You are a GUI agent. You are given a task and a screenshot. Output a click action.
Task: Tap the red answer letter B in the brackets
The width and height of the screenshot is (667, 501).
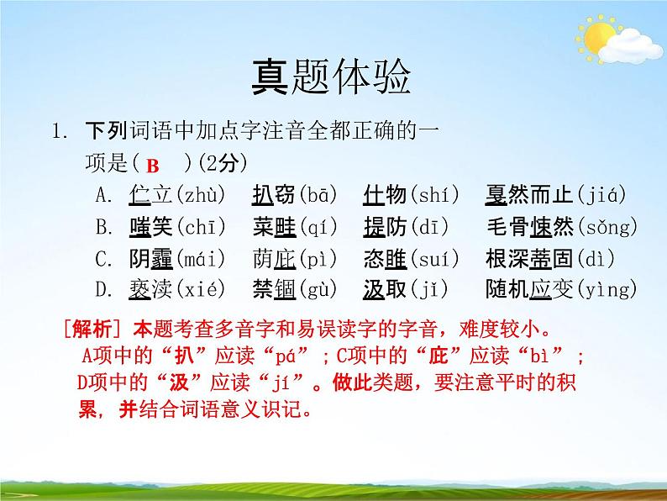(x=152, y=165)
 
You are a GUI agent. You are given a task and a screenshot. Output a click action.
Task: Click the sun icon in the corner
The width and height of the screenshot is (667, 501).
(x=600, y=37)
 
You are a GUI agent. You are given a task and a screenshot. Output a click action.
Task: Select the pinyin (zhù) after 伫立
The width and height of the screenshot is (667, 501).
(x=199, y=196)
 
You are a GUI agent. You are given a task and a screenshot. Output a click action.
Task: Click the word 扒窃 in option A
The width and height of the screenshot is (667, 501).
(x=274, y=196)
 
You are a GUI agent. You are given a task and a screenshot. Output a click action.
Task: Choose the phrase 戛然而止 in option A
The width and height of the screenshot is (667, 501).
(x=530, y=196)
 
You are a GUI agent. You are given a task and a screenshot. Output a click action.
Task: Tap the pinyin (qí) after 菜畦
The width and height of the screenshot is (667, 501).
(x=316, y=227)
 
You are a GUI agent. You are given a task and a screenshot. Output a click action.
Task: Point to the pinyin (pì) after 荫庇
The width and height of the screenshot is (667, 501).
(x=316, y=258)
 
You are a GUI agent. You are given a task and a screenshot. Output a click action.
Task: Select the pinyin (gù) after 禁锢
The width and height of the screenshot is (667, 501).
(x=317, y=290)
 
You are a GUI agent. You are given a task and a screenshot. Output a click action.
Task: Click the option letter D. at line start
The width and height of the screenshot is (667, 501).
(x=104, y=290)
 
